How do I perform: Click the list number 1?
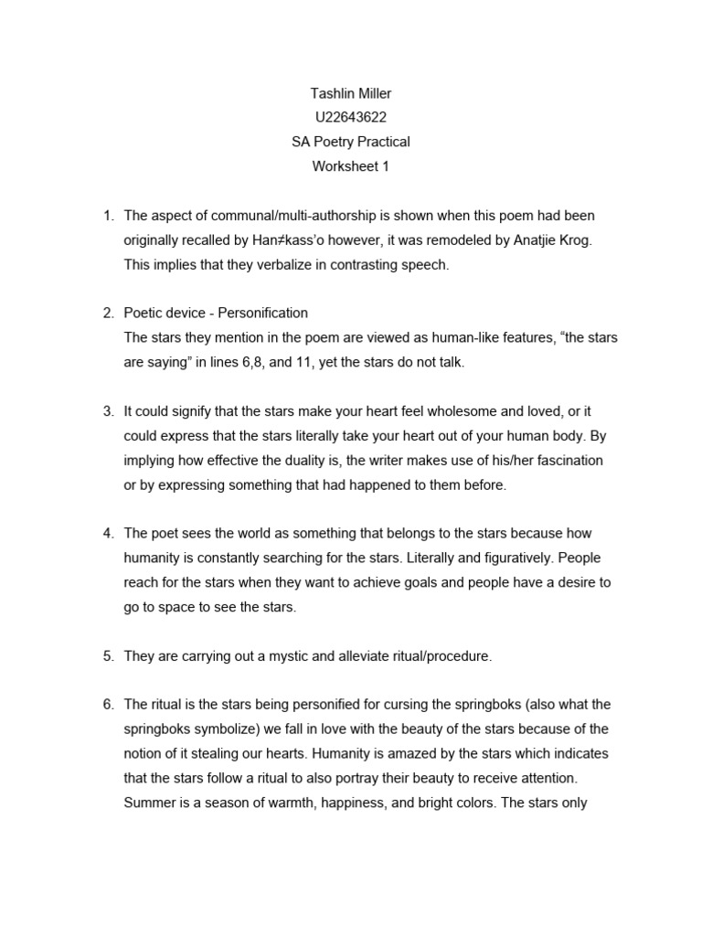pyautogui.click(x=107, y=216)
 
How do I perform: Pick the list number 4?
pyautogui.click(x=107, y=533)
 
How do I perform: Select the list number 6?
pyautogui.click(x=107, y=704)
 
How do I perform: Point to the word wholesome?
pyautogui.click(x=434, y=411)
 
